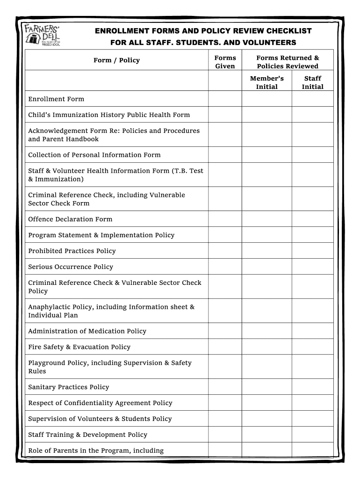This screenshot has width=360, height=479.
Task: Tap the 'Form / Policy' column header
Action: pos(116,60)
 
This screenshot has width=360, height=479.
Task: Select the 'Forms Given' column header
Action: pos(225,62)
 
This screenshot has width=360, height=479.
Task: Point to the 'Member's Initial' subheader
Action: pos(266,82)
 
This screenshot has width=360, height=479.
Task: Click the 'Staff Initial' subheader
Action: pos(312,82)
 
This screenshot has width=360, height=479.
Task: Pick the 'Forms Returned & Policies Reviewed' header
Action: pos(288,62)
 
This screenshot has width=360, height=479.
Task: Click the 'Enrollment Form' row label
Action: pos(56,99)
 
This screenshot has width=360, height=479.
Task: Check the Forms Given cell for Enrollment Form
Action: pos(225,99)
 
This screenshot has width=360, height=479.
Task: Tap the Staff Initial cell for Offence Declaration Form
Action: pos(312,219)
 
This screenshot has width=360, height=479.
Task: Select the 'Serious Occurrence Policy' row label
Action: pos(71,267)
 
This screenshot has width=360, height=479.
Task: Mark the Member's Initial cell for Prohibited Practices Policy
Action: pos(266,251)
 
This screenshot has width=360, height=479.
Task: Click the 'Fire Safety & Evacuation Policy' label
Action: pos(79,347)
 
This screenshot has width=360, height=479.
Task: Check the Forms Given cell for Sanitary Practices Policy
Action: pos(225,387)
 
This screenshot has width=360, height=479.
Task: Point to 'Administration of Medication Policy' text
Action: pos(87,331)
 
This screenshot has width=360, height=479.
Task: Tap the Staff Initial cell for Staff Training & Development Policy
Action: pos(312,435)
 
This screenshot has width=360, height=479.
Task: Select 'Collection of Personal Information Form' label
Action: pos(94,155)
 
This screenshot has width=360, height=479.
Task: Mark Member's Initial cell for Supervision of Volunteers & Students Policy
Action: pos(266,419)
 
